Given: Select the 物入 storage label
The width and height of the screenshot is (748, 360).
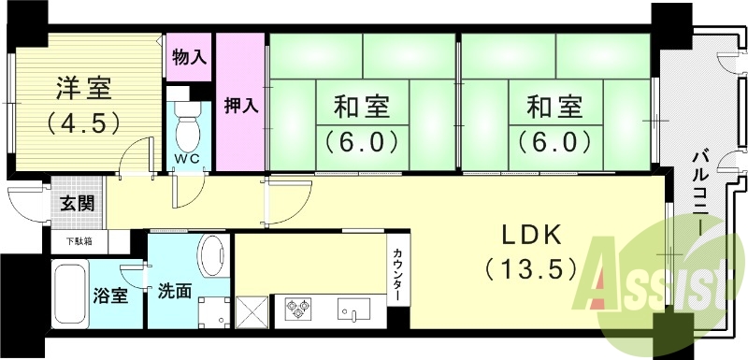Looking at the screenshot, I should (x=190, y=57).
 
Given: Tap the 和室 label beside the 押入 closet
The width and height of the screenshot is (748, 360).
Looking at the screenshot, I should (x=360, y=108).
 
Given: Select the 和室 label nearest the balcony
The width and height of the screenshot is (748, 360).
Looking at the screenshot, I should (x=552, y=108).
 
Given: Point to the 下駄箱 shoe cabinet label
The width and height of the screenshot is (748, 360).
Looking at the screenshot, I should (x=79, y=241).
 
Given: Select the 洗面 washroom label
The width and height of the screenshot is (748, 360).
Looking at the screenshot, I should (x=174, y=291).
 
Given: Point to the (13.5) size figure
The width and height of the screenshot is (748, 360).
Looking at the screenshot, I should (x=529, y=270).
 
